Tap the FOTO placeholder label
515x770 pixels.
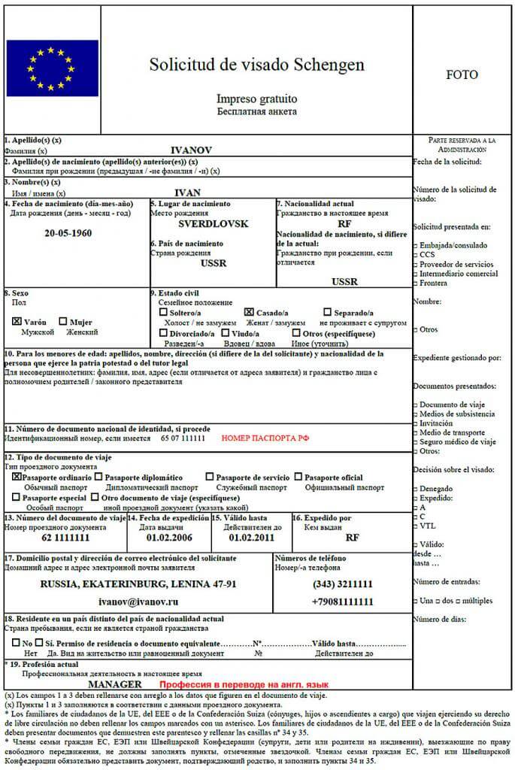pos(462,75)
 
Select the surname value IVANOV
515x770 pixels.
pos(192,150)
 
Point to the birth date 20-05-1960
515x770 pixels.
pos(68,232)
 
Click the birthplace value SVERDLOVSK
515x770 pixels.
pos(213,224)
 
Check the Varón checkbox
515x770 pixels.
pos(17,321)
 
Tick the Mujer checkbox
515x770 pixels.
pos(63,321)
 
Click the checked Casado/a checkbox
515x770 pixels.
pos(249,311)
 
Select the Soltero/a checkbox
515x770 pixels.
pos(163,311)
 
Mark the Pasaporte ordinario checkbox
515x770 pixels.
pos(17,477)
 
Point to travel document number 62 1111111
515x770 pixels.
pos(66,538)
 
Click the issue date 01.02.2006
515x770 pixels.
pos(168,538)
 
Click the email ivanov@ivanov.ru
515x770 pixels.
pos(139,602)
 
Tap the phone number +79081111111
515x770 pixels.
pos(342,602)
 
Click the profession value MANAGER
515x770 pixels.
pos(115,686)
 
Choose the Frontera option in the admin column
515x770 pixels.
pos(435,283)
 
